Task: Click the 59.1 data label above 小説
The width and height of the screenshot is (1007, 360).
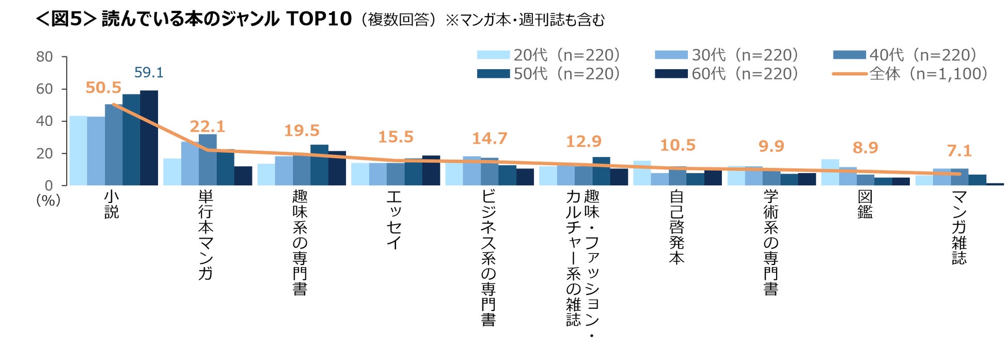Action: [149, 73]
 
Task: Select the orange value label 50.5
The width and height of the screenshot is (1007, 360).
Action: [103, 88]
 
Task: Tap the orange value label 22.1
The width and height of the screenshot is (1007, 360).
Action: [207, 127]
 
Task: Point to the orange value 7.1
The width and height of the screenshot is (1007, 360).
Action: [959, 151]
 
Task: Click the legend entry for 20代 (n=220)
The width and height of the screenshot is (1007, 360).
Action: [548, 55]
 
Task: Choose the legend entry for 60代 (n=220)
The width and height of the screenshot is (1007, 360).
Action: [727, 74]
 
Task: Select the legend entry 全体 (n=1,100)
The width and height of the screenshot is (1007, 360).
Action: [910, 74]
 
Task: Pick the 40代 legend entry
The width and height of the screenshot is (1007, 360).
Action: [905, 55]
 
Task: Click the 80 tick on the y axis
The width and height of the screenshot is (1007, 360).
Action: [44, 57]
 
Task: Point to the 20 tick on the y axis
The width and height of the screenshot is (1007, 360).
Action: [44, 153]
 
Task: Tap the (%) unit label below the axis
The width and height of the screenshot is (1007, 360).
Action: [48, 200]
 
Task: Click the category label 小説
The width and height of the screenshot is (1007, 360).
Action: [112, 205]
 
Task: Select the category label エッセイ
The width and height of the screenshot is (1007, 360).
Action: [394, 220]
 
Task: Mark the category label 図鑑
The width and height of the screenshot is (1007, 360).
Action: [865, 205]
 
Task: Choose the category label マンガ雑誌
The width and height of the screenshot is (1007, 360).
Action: [959, 227]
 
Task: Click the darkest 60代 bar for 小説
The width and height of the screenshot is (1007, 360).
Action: [149, 138]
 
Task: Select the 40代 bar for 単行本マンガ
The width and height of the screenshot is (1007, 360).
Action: [208, 160]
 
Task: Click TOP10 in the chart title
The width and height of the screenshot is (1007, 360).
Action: [319, 19]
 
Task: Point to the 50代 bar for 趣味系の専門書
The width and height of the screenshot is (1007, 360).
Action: [319, 165]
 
